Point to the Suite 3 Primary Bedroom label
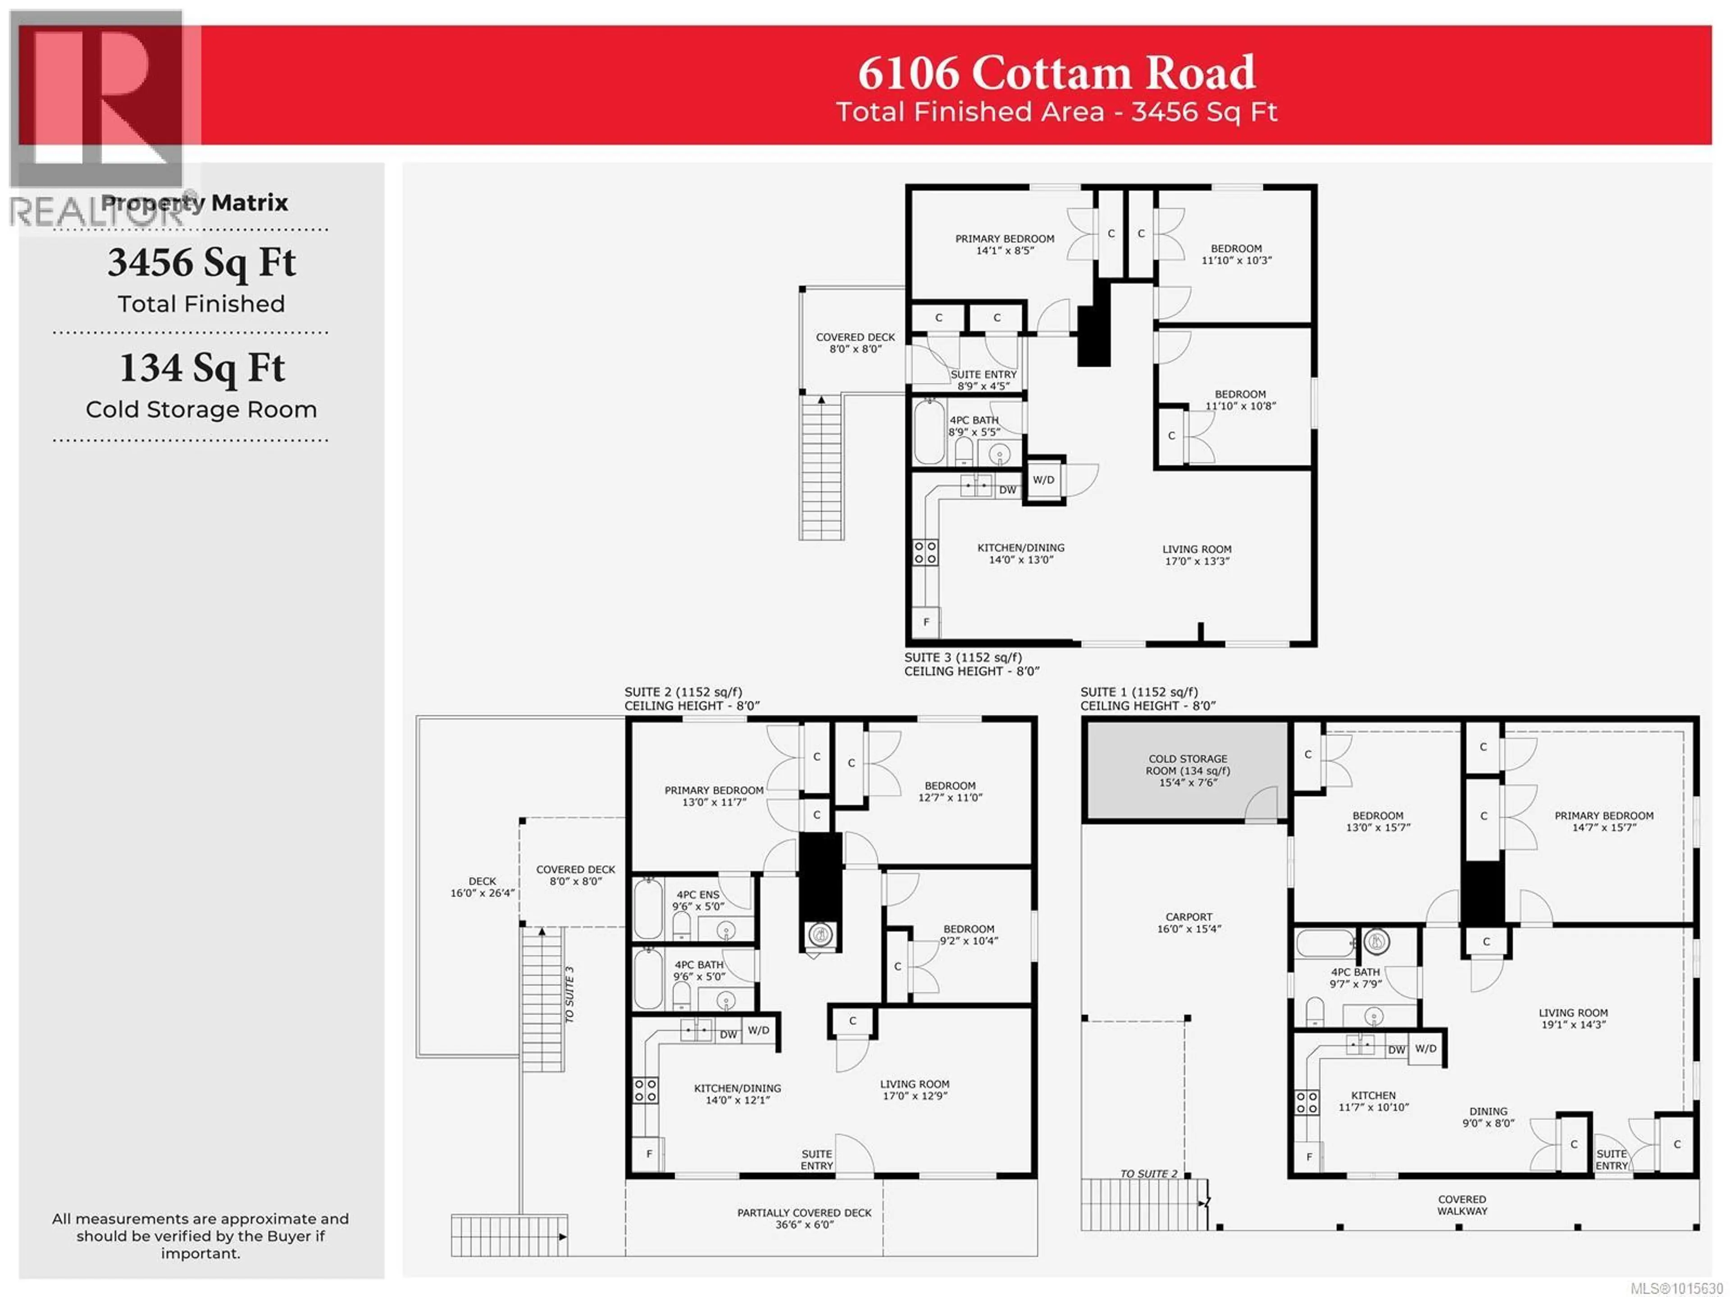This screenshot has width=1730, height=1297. [x=1004, y=244]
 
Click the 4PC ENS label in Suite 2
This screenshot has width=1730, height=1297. [x=697, y=900]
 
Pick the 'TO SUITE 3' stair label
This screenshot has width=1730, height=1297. [x=569, y=994]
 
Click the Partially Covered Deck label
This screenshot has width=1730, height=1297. [x=804, y=1218]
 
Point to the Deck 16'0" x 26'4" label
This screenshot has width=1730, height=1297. [x=483, y=887]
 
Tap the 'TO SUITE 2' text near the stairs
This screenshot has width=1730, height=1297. [x=1148, y=1174]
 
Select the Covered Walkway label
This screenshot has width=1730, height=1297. [x=1462, y=1205]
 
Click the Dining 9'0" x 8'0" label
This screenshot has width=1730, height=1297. [x=1489, y=1117]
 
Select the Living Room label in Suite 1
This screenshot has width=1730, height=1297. [x=1573, y=1018]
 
